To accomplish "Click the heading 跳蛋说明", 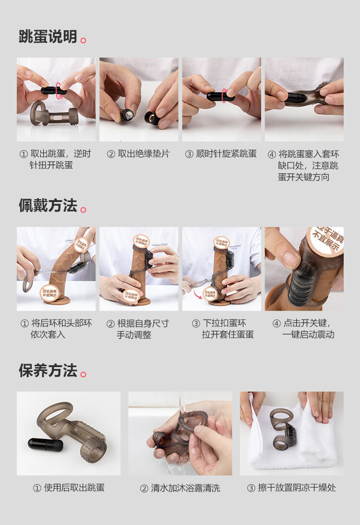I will [x=48, y=36].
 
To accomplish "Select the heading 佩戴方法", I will [x=48, y=205].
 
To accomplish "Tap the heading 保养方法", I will [x=48, y=370].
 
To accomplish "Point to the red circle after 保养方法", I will [x=84, y=374].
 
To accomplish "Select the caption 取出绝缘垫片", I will [x=138, y=154].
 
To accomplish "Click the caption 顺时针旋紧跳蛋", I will [x=221, y=154].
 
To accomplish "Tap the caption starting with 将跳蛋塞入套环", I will [x=304, y=165].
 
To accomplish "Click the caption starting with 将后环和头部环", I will [x=56, y=329].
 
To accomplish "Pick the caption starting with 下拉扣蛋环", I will [x=222, y=329].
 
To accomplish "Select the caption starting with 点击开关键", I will [x=304, y=329].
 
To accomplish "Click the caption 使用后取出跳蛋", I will [x=69, y=488].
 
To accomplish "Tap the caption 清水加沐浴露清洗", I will [x=180, y=488].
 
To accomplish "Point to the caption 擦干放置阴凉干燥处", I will [x=291, y=488].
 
